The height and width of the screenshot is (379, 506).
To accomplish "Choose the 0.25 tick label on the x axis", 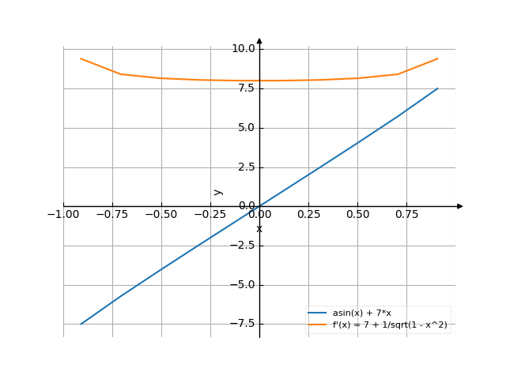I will [x=309, y=213].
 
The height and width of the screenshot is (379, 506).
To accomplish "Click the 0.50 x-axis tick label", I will [x=358, y=213].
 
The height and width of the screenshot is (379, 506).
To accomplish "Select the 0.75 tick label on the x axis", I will [x=407, y=213].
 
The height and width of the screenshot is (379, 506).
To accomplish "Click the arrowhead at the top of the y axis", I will [x=259, y=40].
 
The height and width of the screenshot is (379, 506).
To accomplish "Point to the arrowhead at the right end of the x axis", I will [x=459, y=206].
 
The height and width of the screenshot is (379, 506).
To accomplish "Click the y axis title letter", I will [x=219, y=192].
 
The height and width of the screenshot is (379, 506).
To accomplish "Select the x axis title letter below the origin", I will [x=259, y=229].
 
